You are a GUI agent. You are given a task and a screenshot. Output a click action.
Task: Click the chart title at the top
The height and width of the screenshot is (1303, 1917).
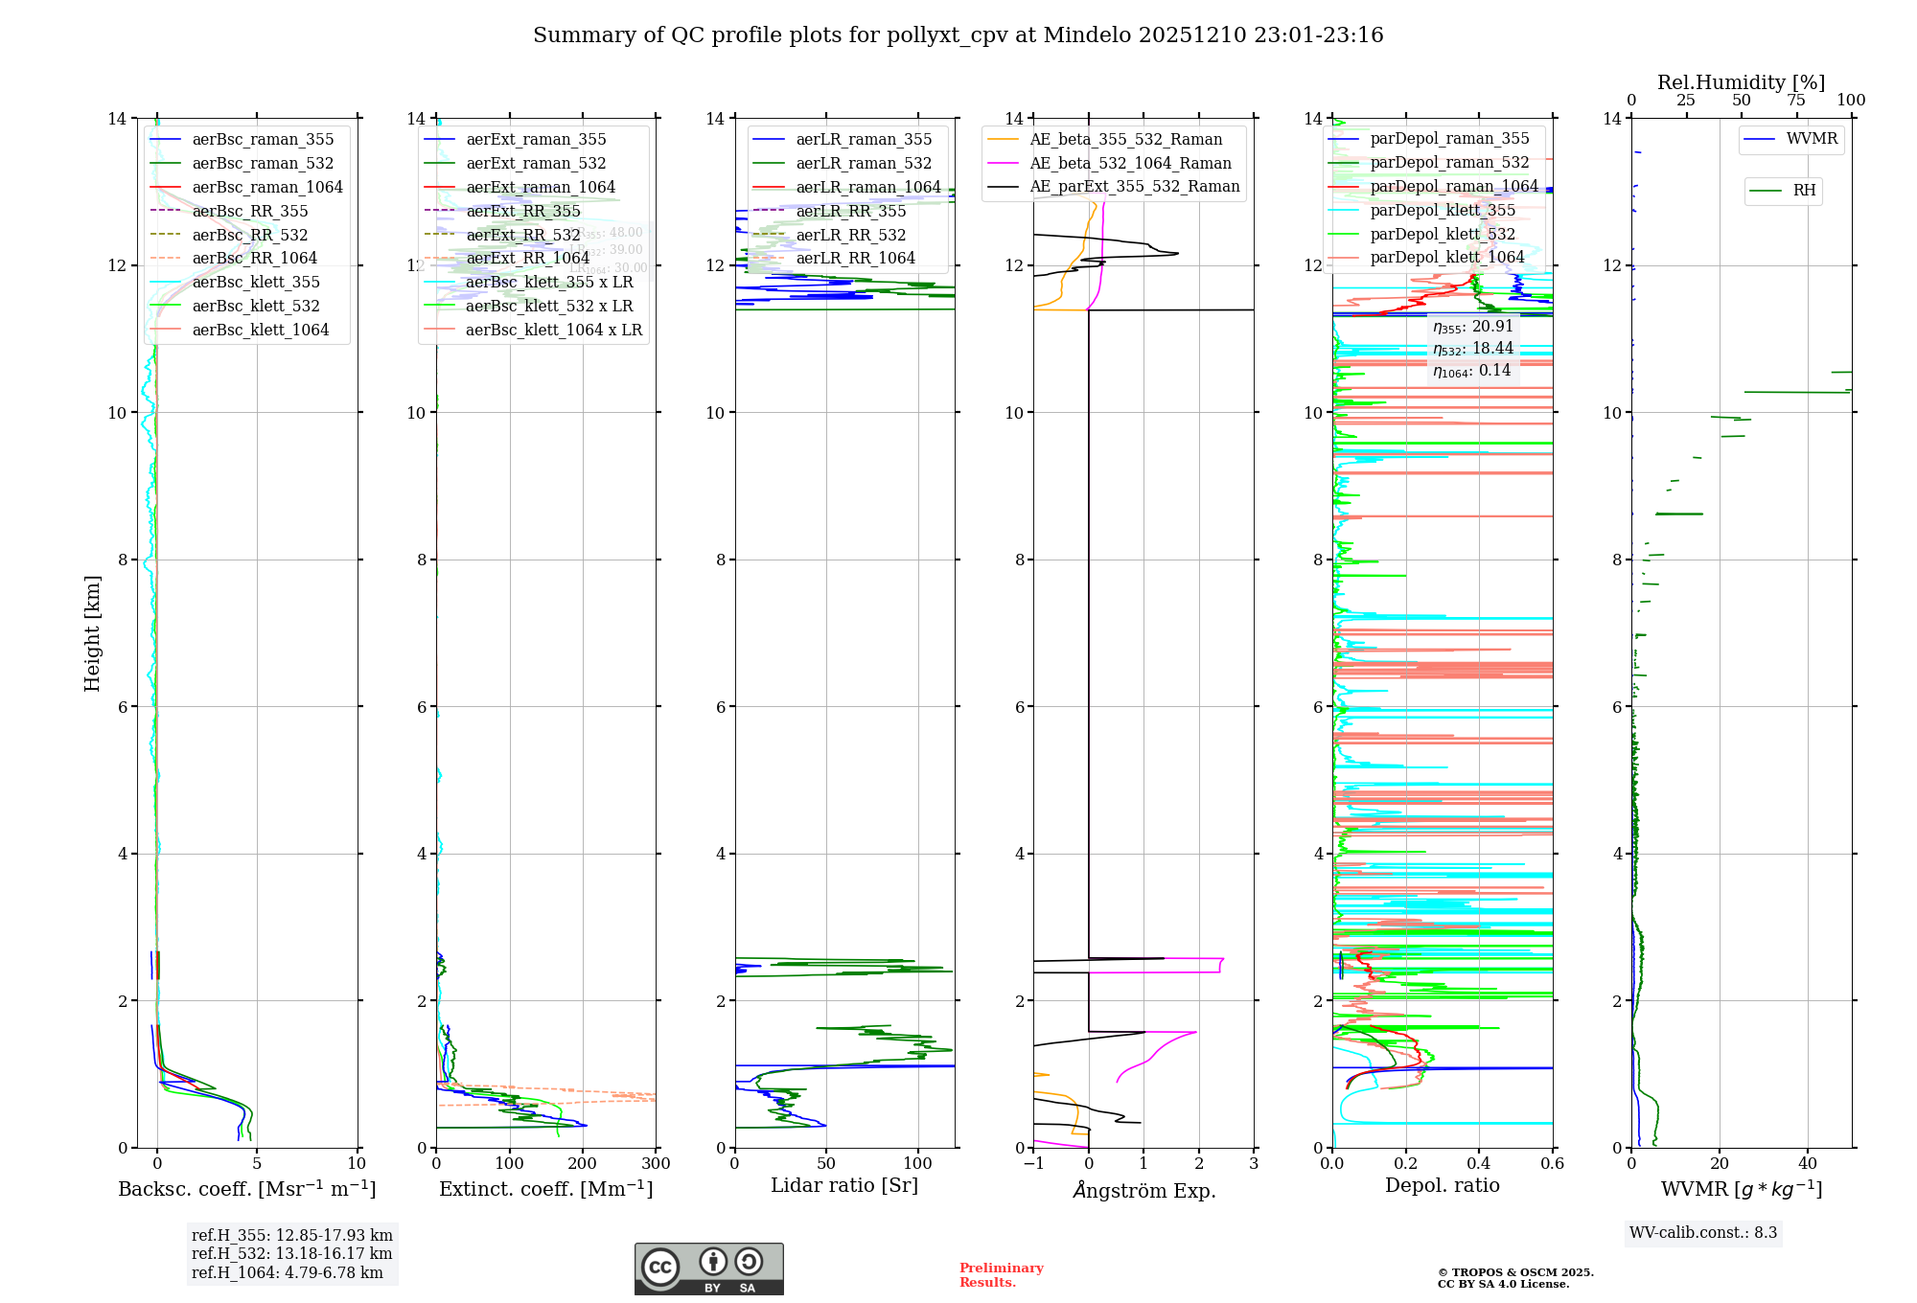(x=958, y=35)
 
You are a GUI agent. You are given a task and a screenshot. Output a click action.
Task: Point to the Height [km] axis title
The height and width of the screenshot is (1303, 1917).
(x=92, y=633)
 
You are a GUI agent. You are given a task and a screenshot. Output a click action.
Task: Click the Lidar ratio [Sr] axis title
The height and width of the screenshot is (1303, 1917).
(x=843, y=1185)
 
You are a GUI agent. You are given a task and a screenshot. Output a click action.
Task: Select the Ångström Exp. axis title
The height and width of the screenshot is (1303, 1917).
(x=1143, y=1190)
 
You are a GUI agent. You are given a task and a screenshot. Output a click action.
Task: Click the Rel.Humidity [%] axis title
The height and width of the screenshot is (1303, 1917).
(x=1741, y=82)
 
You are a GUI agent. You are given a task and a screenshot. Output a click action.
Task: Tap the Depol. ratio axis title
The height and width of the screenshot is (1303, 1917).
(x=1442, y=1185)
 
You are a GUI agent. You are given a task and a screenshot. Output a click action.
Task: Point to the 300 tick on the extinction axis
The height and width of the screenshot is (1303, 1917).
(x=656, y=1164)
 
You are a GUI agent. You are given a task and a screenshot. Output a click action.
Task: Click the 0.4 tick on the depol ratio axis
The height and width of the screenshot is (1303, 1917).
(x=1479, y=1164)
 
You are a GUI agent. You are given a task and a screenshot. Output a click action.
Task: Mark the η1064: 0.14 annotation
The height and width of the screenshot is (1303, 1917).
(x=1471, y=371)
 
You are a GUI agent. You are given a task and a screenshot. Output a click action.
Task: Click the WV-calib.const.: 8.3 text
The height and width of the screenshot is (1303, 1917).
(x=1702, y=1233)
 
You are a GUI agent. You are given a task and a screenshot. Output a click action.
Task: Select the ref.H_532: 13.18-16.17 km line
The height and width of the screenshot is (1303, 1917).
(x=291, y=1254)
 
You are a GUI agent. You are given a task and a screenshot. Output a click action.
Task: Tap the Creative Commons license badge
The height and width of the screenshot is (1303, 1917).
(x=708, y=1269)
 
